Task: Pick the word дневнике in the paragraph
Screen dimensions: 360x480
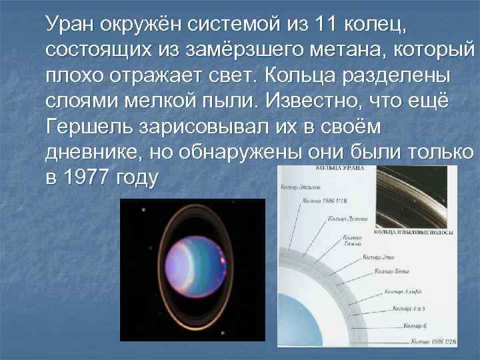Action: point(87,152)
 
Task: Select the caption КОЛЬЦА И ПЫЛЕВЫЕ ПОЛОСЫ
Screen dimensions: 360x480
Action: point(415,233)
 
